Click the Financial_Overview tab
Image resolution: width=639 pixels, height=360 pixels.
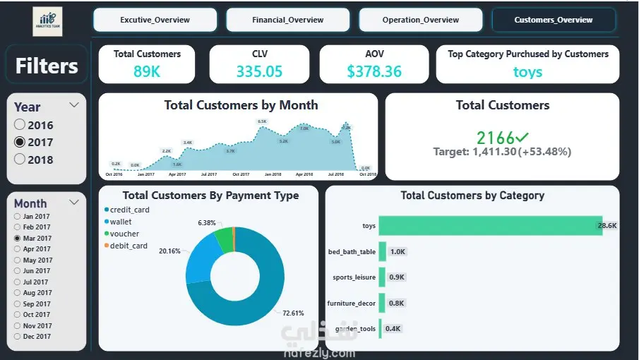287,20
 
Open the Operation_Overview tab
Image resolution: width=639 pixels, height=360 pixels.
420,20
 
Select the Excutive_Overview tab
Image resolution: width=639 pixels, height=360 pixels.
155,20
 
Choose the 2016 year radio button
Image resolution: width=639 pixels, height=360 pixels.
20,126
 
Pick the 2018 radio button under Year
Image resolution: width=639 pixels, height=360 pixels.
20,160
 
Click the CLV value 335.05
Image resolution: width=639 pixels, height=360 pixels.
258,71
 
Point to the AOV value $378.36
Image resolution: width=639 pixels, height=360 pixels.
374,71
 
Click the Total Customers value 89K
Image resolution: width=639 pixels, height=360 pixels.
147,71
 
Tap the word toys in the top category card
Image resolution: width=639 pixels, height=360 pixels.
527,71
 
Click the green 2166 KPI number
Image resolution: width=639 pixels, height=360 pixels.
496,138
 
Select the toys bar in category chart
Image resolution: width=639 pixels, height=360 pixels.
490,226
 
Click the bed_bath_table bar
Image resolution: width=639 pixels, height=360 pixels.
383,251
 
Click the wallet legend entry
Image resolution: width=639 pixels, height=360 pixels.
121,222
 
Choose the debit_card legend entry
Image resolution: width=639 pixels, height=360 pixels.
129,246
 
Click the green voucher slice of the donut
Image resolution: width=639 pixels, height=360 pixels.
224,239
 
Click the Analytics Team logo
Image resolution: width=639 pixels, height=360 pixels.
47,21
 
